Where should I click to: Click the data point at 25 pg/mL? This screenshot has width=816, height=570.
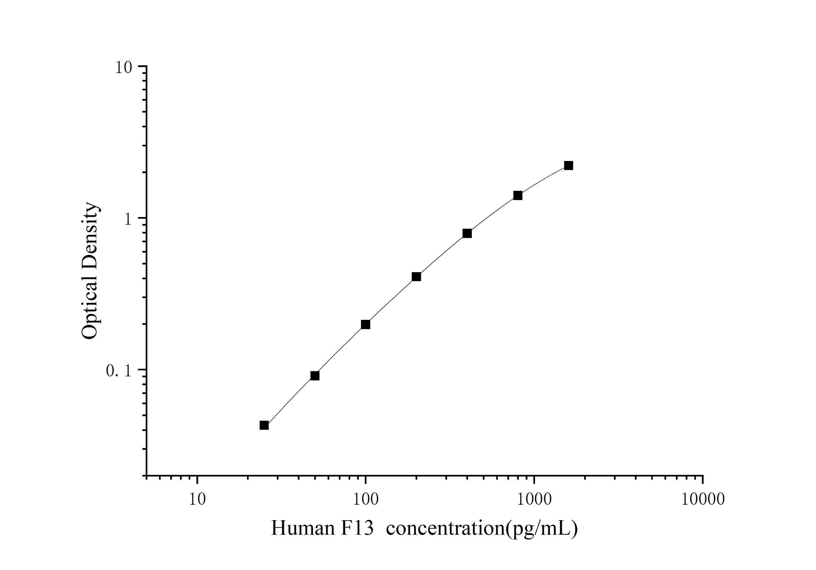coord(264,425)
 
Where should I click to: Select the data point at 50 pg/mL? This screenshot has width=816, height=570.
coord(315,376)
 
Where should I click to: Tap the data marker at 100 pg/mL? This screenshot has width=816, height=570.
coord(365,324)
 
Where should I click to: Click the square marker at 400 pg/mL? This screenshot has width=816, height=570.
coord(467,233)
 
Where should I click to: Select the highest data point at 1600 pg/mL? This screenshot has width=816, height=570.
coord(569,165)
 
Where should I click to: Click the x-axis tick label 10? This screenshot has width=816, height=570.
coord(197,500)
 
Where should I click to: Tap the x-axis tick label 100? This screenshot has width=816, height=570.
coord(365,500)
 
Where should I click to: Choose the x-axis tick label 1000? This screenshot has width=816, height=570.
coord(534,500)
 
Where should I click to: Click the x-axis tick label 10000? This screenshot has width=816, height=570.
coord(703,500)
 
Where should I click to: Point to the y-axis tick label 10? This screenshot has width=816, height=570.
coord(123,68)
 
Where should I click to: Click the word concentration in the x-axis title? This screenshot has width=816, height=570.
coord(445,528)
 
